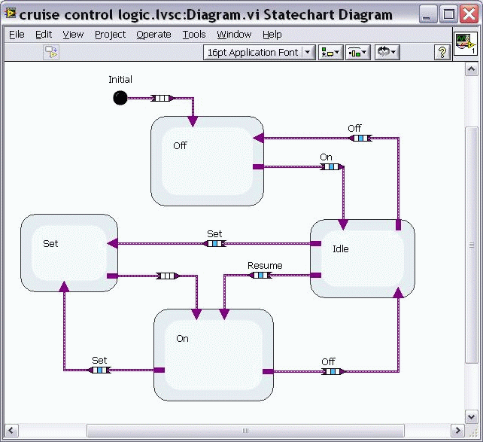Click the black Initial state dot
(120, 97)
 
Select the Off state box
(207, 161)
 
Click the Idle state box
(362, 258)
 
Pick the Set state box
(68, 253)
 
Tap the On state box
(213, 355)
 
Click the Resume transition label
(265, 265)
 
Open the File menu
(17, 35)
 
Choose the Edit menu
(44, 35)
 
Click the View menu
(73, 35)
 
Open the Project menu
(110, 35)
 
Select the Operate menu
(153, 35)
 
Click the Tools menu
(193, 35)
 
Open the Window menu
(234, 35)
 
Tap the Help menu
(272, 35)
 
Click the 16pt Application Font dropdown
(262, 52)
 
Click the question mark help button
(443, 52)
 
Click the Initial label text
(120, 80)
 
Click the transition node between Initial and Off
(162, 98)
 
